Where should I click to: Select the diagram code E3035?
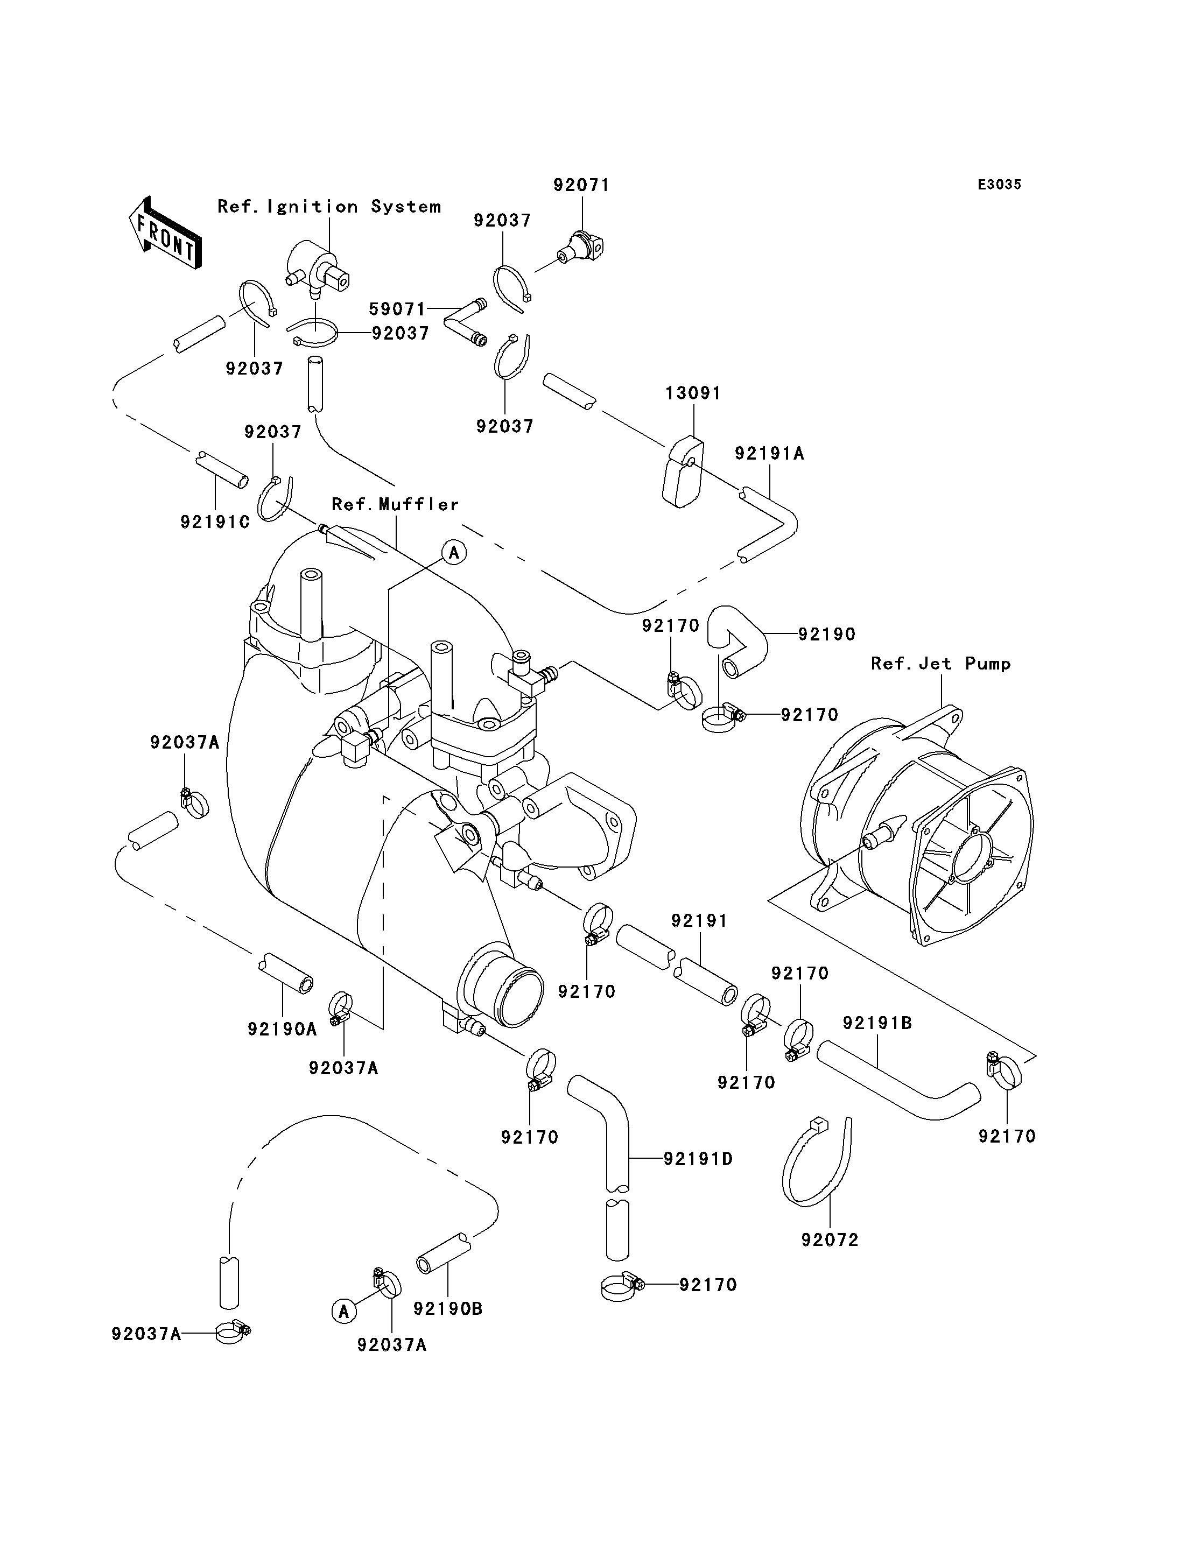click(x=1000, y=185)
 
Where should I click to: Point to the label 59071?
click(x=397, y=309)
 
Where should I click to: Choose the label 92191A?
click(x=770, y=453)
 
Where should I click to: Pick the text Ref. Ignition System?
click(x=329, y=207)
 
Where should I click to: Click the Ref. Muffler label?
click(x=396, y=504)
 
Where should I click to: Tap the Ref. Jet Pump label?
click(x=941, y=664)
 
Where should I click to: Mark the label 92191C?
click(x=215, y=522)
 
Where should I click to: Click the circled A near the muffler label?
click(x=454, y=553)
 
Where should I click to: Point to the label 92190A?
click(x=283, y=1029)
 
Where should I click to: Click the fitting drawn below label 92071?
click(x=581, y=247)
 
